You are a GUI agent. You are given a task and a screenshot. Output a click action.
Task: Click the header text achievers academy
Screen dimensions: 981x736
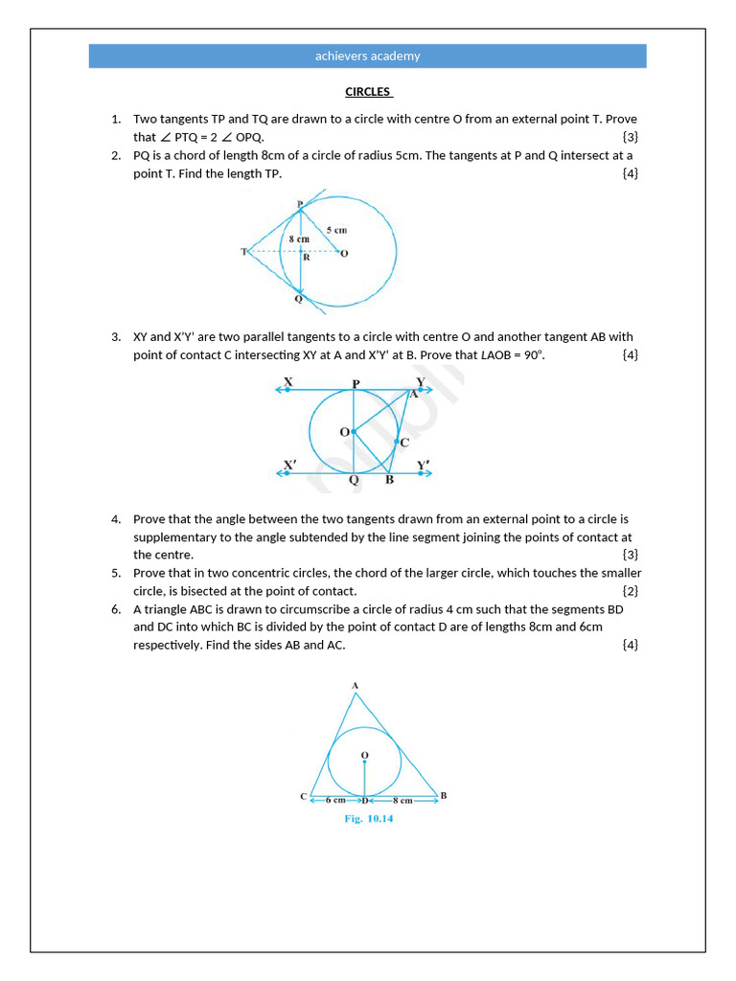pos(368,56)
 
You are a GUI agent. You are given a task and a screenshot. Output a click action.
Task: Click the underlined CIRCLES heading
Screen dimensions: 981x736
pos(368,92)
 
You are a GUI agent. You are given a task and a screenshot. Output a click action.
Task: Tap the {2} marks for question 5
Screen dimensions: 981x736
pos(630,591)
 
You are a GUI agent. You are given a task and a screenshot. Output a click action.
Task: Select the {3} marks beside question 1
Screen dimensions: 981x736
pos(630,137)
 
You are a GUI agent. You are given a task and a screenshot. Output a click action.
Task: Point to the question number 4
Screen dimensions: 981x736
pos(116,519)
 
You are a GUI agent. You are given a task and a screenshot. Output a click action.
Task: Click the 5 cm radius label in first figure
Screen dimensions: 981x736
pos(335,230)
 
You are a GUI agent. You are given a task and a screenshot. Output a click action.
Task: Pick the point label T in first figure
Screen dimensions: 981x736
pos(244,252)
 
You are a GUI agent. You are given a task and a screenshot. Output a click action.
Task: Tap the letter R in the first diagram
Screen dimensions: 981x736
pos(306,258)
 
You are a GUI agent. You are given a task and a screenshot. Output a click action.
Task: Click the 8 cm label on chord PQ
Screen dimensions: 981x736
pos(299,239)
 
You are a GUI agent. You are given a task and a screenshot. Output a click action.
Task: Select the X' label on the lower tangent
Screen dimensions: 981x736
pos(289,466)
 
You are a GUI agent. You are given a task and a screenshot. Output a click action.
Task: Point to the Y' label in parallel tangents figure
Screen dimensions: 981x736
pos(424,466)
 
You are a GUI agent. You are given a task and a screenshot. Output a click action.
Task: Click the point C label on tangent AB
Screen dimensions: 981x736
pos(404,443)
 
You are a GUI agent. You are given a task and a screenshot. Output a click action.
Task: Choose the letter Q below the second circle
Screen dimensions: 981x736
pos(354,481)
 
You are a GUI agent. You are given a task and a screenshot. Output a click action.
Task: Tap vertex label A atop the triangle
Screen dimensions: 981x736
pos(355,685)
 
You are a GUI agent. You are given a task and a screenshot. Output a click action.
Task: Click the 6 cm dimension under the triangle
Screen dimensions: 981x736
pos(335,799)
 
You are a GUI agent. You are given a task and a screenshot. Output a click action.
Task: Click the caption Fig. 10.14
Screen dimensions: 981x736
pos(369,819)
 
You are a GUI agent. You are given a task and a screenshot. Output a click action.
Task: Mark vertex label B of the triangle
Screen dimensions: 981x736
pos(443,795)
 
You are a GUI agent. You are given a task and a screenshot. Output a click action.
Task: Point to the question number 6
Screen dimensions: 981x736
pos(116,609)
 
